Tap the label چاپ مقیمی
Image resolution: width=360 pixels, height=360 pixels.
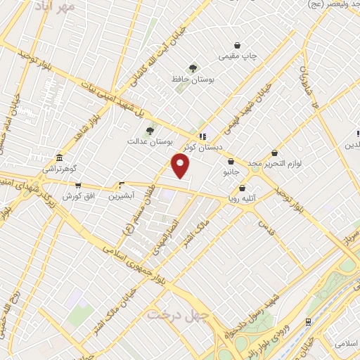(238, 56)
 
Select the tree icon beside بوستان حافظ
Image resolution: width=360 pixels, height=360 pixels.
(193, 68)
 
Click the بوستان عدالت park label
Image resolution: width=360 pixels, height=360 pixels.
(146, 141)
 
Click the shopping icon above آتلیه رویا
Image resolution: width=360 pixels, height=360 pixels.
(243, 188)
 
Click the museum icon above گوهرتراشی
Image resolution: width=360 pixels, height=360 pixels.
(60, 157)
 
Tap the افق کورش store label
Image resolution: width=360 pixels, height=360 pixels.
(78, 195)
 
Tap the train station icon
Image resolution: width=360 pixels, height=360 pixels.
(309, 321)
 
